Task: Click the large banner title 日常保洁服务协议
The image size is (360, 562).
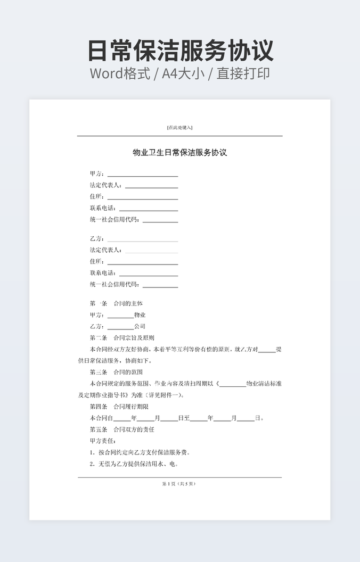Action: click(180, 51)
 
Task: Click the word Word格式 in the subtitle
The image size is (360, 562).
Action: click(119, 73)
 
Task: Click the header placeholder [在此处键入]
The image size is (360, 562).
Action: click(179, 128)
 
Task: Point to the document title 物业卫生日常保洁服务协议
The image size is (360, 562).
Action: click(179, 153)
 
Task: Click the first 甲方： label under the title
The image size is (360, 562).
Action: click(97, 173)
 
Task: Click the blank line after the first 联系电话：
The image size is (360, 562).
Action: click(148, 209)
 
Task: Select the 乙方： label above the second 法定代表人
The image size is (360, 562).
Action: click(97, 238)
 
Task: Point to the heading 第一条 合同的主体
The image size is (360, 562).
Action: click(116, 303)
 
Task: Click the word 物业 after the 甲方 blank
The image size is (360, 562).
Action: click(140, 315)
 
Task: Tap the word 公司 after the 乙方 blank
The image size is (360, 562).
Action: click(140, 326)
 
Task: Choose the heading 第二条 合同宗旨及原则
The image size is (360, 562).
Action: click(122, 338)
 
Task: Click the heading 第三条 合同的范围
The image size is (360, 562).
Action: click(116, 372)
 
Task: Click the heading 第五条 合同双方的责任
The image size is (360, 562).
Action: click(122, 429)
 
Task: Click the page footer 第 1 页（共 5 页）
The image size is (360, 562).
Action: click(179, 484)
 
